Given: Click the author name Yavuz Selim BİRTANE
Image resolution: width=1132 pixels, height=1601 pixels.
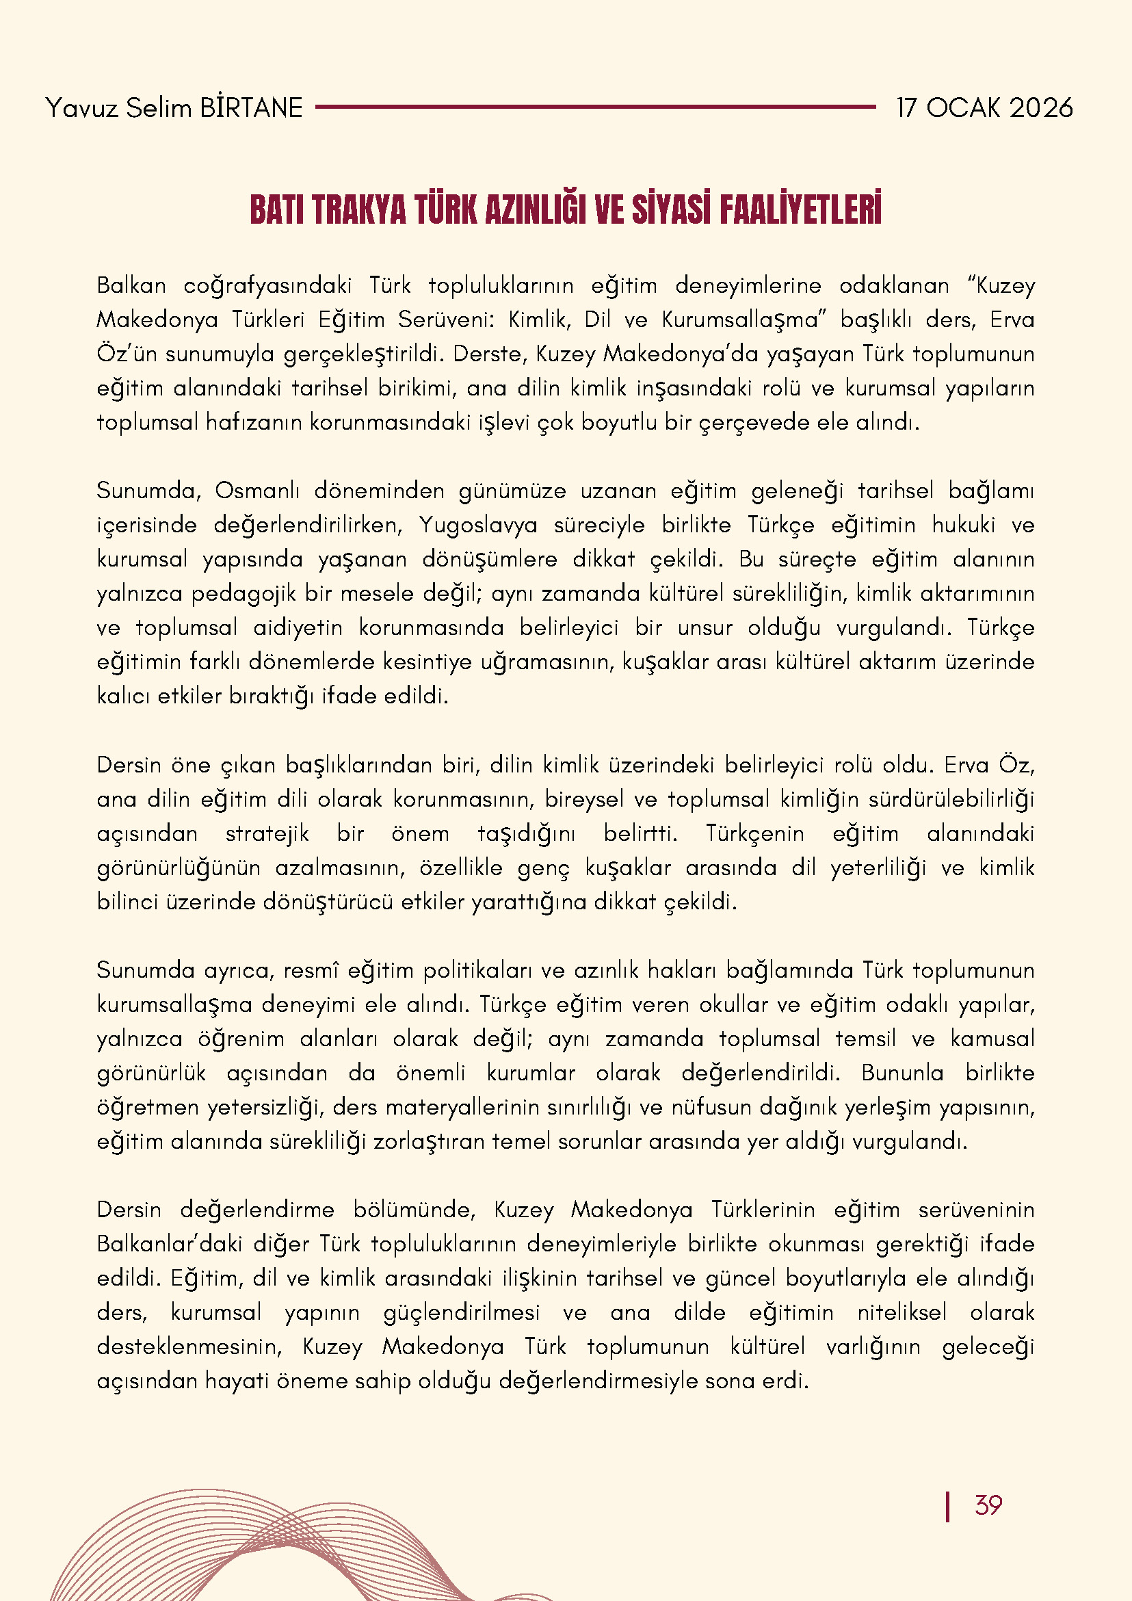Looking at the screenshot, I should click(x=174, y=108).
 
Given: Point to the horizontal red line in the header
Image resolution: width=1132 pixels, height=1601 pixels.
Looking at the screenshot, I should click(x=595, y=107).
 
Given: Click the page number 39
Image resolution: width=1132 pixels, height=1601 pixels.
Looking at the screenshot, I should click(x=988, y=1505).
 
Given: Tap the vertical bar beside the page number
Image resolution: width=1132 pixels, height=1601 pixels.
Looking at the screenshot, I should click(x=947, y=1506).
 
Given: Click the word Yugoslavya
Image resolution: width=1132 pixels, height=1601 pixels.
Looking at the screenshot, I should click(x=478, y=525).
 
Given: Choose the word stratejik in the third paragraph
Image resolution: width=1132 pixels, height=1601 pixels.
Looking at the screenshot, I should click(x=267, y=834).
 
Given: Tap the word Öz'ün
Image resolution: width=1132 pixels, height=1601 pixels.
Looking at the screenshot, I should click(x=127, y=354).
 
